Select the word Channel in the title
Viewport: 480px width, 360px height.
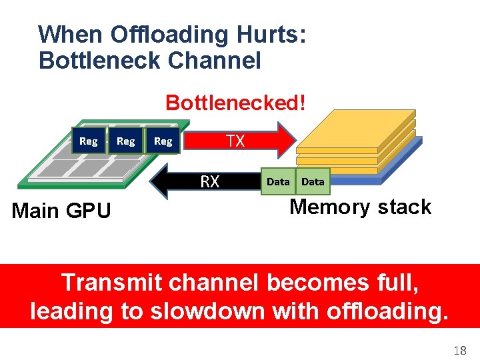215,60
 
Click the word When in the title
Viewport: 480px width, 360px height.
71,34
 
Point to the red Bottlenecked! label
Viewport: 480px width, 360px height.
236,103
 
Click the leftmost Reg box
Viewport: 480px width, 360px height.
88,141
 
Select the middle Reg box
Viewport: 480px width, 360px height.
125,141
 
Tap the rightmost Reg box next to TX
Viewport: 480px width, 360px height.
163,141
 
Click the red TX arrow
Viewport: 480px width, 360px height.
240,141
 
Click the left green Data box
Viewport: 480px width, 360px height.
278,181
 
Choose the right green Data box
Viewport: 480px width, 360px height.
313,181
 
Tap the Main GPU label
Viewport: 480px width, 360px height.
62,211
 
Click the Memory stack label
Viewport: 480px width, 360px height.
361,207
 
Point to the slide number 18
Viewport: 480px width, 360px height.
460,350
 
